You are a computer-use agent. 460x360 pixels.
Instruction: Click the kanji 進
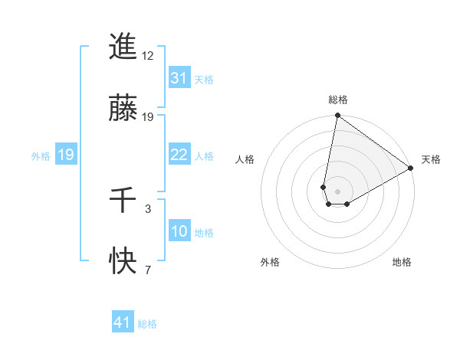[123, 47]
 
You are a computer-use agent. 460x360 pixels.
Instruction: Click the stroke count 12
[148, 56]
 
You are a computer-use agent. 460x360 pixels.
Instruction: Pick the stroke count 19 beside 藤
[148, 117]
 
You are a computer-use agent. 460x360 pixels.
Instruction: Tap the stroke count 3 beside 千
[148, 208]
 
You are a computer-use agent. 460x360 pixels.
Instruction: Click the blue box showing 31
[179, 78]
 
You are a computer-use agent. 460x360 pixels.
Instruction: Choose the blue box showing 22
[179, 155]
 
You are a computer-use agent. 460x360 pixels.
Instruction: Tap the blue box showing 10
[179, 231]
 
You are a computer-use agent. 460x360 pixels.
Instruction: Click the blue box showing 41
[123, 322]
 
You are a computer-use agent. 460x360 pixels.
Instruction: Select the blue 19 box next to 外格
[66, 155]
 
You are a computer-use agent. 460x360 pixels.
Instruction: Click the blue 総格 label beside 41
[147, 324]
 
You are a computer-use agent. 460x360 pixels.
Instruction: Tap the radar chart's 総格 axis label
[337, 100]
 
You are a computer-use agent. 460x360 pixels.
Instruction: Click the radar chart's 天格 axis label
[431, 159]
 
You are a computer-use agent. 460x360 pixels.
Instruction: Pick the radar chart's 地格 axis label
[402, 262]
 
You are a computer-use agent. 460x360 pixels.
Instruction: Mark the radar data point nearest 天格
[411, 169]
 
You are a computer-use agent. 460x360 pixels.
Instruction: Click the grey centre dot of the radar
[337, 191]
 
